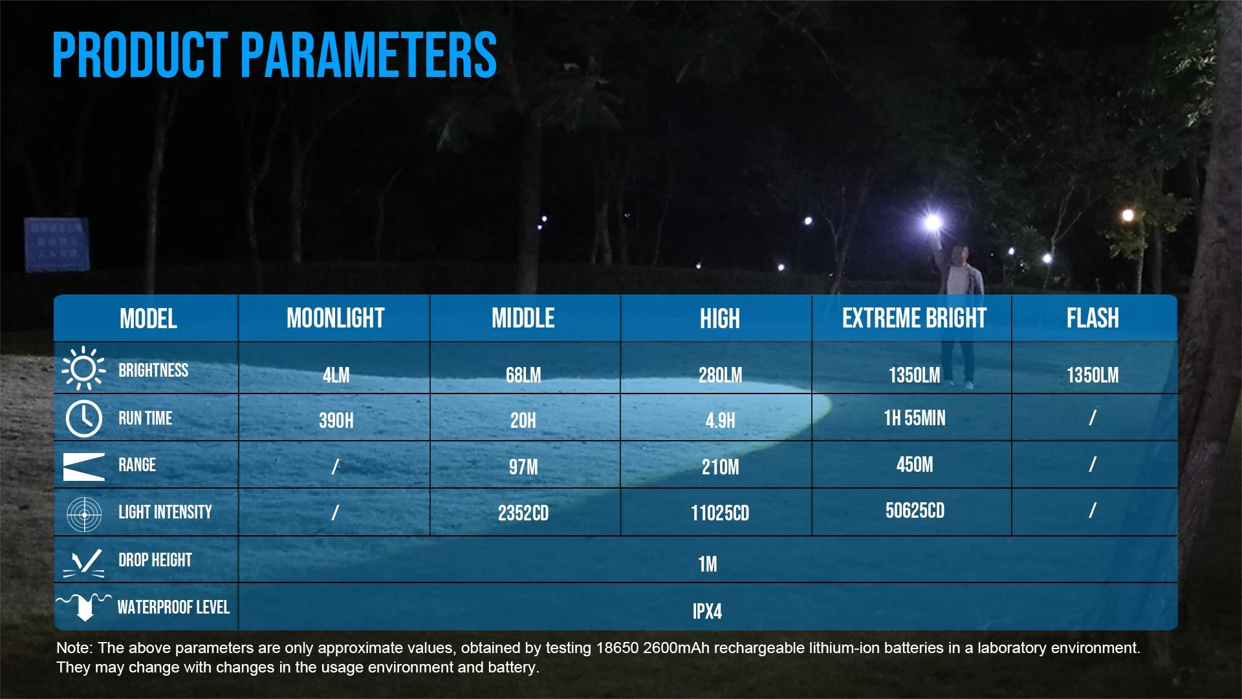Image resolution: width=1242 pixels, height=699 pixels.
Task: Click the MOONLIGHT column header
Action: click(x=335, y=318)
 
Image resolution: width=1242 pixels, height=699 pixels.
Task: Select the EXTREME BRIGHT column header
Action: click(x=914, y=318)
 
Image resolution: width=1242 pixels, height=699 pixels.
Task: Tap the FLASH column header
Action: click(x=1093, y=318)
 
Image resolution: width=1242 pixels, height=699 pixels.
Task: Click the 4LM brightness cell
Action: click(x=336, y=375)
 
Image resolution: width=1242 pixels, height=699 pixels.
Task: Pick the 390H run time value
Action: click(x=336, y=421)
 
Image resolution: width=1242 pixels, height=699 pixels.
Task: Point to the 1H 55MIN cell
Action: click(x=914, y=418)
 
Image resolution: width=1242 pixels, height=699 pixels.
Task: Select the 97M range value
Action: click(x=523, y=467)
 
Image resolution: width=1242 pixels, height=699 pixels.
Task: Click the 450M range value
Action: click(x=914, y=465)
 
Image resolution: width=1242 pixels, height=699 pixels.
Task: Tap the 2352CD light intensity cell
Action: click(x=523, y=513)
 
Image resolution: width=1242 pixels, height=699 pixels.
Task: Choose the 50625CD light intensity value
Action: click(x=914, y=511)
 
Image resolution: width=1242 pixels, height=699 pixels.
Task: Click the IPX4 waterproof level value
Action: click(x=707, y=612)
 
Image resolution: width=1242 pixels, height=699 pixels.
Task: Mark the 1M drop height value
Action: click(x=707, y=564)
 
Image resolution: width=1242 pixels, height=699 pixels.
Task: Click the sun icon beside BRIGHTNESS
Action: click(x=83, y=368)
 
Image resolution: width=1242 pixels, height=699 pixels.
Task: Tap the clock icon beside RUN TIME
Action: click(x=84, y=418)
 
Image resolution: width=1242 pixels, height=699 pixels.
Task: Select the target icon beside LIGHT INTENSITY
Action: click(x=84, y=515)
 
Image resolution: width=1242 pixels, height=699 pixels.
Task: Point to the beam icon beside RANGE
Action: click(x=83, y=467)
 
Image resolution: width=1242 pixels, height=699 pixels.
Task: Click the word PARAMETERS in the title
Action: click(x=369, y=56)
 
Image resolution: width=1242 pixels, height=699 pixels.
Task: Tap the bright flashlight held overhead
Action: click(x=933, y=223)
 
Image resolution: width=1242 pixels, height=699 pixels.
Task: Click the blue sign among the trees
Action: click(x=56, y=244)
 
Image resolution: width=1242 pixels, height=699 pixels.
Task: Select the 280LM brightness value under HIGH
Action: click(x=720, y=375)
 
